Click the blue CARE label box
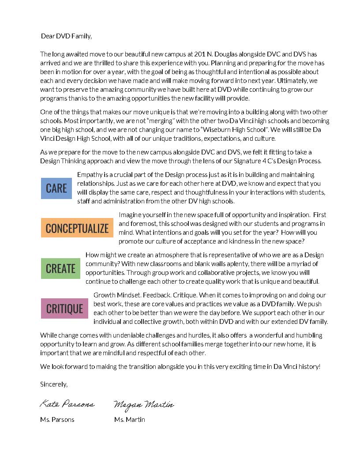pyautogui.click(x=56, y=188)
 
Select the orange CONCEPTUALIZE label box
pyautogui.click(x=77, y=228)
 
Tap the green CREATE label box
pyautogui.click(x=60, y=268)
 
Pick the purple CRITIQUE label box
pyautogui.click(x=64, y=309)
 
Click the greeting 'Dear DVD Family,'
pyautogui.click(x=66, y=36)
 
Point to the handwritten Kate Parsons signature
pyautogui.click(x=67, y=404)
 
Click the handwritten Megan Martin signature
pyautogui.click(x=143, y=405)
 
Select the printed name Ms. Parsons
pyautogui.click(x=57, y=420)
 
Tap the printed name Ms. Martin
pyautogui.click(x=129, y=420)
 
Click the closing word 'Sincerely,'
pyautogui.click(x=54, y=384)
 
